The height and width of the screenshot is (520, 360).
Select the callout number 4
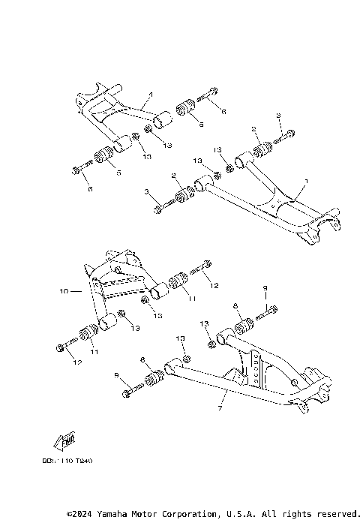tap(150, 95)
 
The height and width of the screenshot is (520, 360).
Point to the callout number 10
tap(64, 289)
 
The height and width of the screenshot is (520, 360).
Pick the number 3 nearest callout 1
tap(278, 115)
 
